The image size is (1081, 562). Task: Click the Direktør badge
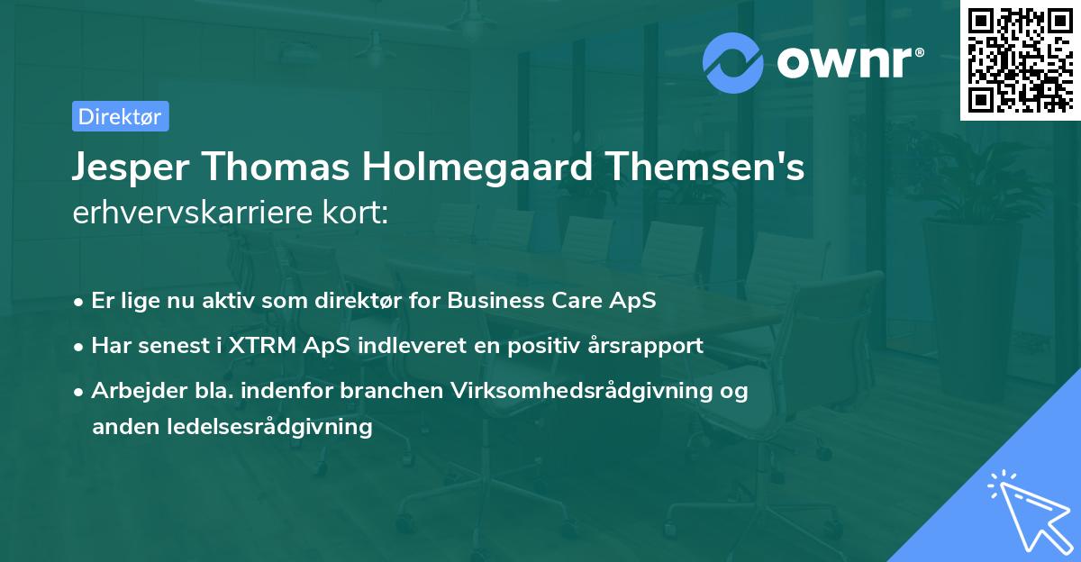pos(120,116)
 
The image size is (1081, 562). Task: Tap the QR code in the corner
pos(1020,59)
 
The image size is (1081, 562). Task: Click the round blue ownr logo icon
pos(733,61)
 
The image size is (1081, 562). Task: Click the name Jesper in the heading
pos(132,169)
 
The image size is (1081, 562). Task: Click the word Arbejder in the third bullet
pos(132,392)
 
